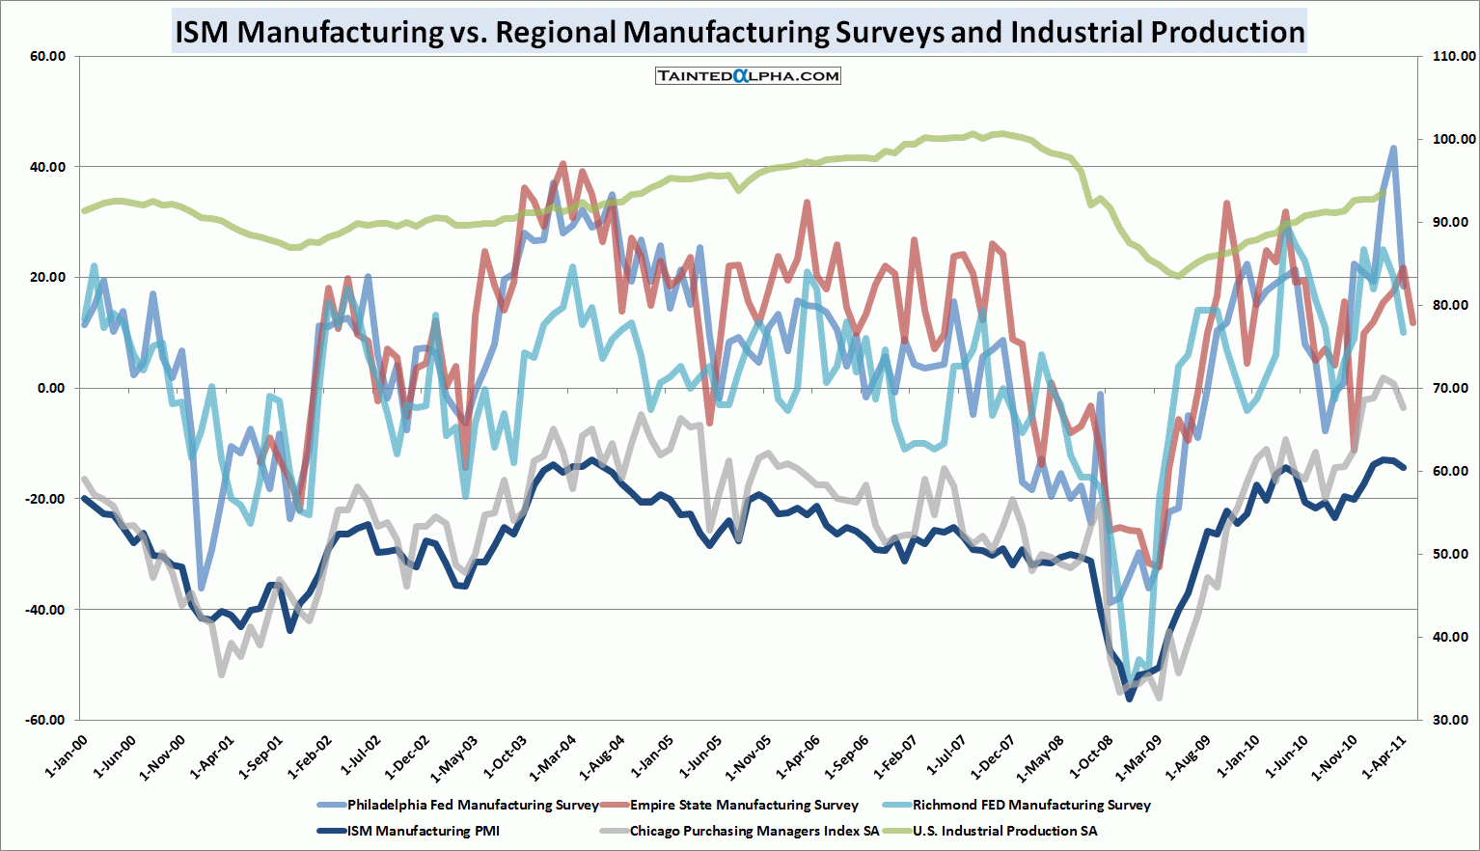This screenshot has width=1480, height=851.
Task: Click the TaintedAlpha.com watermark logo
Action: point(748,75)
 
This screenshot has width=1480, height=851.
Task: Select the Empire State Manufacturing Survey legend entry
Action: point(744,805)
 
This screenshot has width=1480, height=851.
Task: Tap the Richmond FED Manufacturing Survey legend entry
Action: point(1031,805)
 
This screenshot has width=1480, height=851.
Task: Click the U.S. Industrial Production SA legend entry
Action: point(1004,831)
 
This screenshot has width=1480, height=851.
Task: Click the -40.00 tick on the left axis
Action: point(45,610)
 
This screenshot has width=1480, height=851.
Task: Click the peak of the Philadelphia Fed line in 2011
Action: point(1393,148)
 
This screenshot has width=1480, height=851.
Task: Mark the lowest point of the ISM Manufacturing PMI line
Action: point(1130,699)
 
